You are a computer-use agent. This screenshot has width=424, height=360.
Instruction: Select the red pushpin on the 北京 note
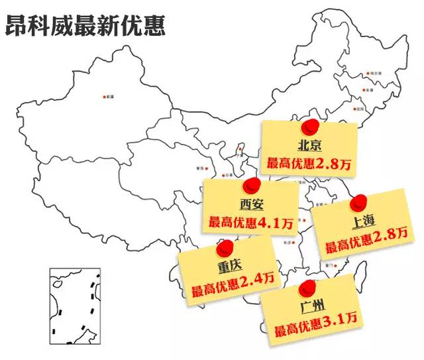[309, 127]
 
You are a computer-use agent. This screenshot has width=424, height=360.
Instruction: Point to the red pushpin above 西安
[250, 186]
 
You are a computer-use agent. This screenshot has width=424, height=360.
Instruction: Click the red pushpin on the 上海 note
[358, 202]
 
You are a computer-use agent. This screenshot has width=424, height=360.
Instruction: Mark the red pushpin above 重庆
[227, 247]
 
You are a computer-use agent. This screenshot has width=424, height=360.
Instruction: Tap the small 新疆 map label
[109, 97]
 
